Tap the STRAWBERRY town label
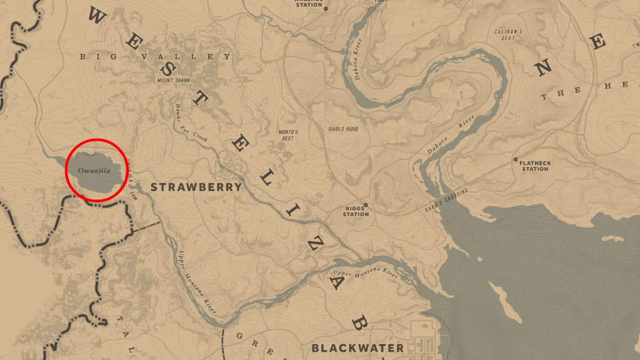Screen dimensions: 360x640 point(196,187)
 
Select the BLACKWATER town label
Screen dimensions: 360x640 point(357,348)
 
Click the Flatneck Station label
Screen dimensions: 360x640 point(534,165)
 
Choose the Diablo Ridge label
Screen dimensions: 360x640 point(343,129)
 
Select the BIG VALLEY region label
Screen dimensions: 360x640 point(155,57)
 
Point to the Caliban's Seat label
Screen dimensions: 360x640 point(508,35)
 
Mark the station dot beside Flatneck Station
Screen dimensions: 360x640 point(515,159)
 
